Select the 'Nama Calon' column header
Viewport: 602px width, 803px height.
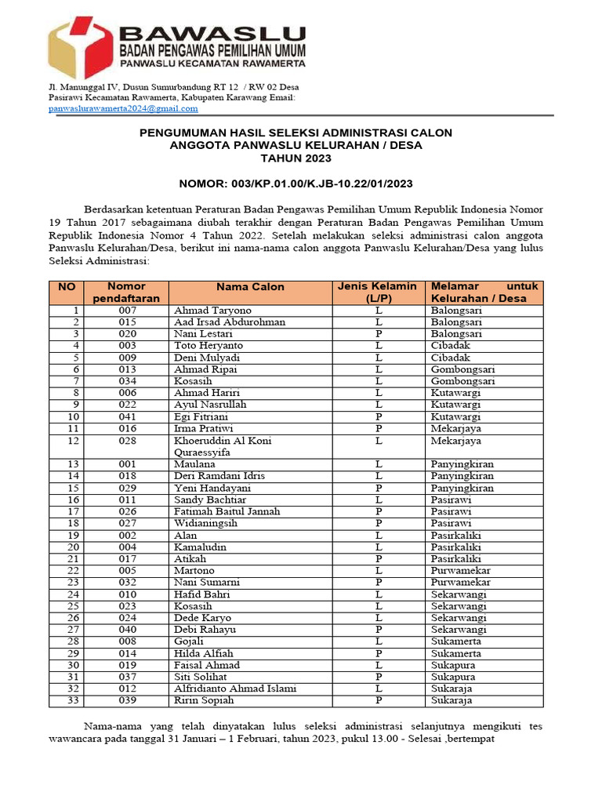click(251, 287)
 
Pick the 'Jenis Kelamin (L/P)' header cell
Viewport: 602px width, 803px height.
click(378, 292)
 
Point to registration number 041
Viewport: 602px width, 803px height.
click(127, 416)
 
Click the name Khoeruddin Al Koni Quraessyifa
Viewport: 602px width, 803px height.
click(223, 446)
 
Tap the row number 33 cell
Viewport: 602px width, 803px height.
click(73, 700)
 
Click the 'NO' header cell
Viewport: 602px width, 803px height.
click(67, 287)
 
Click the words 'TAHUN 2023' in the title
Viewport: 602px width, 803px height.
click(296, 158)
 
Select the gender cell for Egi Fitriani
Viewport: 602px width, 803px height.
click(378, 416)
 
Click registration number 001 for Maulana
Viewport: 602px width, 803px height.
click(127, 464)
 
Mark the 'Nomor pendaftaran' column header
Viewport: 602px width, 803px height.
click(127, 292)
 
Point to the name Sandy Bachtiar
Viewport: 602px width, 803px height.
click(209, 500)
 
